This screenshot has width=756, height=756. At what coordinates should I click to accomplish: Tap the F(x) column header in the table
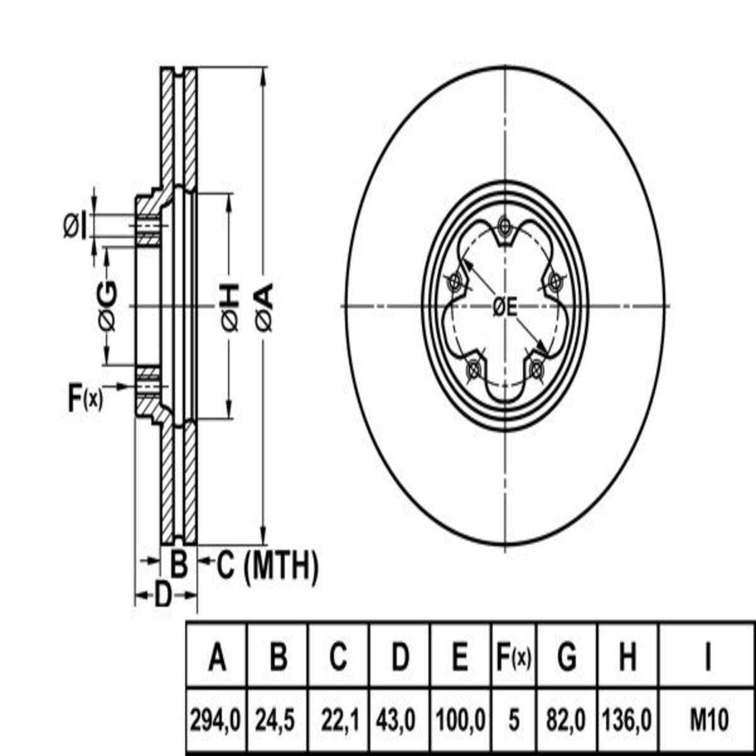(x=514, y=656)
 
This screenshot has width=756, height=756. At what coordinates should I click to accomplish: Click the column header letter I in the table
(x=708, y=656)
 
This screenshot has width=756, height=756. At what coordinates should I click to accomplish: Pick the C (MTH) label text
(x=268, y=565)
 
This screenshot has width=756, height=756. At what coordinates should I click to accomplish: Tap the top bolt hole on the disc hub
(x=505, y=226)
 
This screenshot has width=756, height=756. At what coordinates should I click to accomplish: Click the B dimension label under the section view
(x=179, y=565)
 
